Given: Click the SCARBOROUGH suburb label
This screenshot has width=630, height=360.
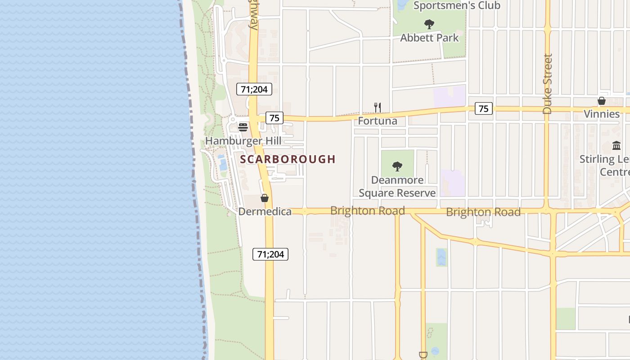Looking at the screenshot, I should point(288,159).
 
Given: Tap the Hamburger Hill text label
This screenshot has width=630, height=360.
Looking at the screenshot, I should point(243,141).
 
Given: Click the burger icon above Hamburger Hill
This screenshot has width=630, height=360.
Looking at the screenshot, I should point(243,127).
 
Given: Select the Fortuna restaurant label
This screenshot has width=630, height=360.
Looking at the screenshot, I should point(378,121).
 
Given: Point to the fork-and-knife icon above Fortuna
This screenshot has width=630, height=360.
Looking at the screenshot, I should point(378,108).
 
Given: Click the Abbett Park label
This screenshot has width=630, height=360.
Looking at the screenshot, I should point(429,38).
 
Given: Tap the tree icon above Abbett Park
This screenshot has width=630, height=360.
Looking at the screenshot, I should point(429,24).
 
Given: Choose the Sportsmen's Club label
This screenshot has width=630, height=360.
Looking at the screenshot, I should point(457,5).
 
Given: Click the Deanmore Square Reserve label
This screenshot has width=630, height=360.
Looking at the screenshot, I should point(397,186).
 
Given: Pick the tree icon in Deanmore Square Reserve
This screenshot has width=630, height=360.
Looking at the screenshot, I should point(397,166).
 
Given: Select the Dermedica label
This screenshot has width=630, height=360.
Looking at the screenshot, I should point(265,211).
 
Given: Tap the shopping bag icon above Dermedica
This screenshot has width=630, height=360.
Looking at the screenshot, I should point(265,198).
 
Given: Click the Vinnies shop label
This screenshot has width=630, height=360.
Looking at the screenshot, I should point(602,114).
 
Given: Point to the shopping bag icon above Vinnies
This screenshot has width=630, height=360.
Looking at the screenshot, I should point(602,101).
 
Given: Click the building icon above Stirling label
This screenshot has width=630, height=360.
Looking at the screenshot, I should point(616,146).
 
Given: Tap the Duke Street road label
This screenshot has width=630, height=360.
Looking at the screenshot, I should point(547,84).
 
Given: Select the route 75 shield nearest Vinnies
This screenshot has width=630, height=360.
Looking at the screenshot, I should point(483,108).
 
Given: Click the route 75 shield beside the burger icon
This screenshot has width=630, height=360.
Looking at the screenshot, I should point(274,118).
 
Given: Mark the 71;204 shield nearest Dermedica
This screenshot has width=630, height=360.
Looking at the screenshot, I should point(270,254).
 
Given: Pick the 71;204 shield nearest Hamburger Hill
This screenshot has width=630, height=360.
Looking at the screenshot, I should point(254,89).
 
